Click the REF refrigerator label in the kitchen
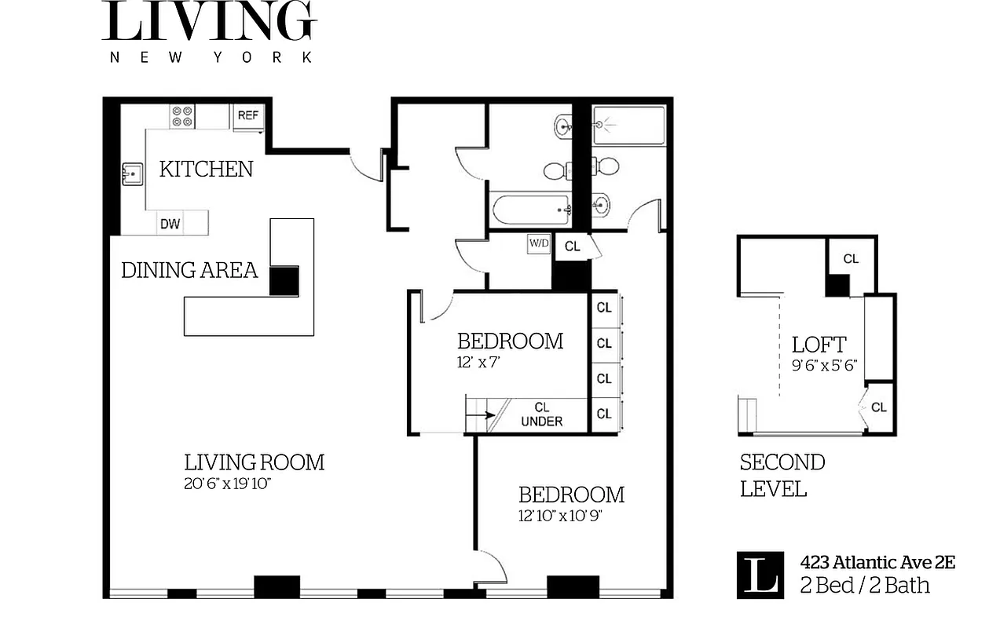point(247,115)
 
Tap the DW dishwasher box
point(170,224)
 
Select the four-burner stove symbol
point(182,116)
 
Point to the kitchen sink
point(131,174)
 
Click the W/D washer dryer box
point(539,243)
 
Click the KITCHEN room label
point(206,169)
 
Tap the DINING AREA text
point(189,271)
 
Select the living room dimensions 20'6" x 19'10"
point(228,484)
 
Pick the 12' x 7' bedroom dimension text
point(478,362)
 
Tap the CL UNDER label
point(541,414)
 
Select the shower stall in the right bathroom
point(628,125)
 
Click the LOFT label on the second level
point(819,345)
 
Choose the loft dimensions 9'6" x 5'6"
point(824,365)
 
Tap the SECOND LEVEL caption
point(782,475)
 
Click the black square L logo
point(760,575)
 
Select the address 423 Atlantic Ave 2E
point(877,562)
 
